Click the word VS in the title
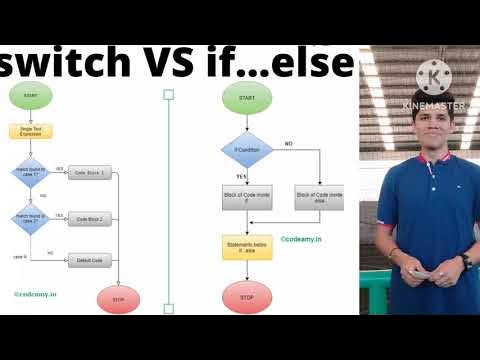tap(187, 62)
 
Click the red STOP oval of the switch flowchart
tap(118, 298)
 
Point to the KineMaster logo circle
tap(433, 77)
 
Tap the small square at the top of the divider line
tap(168, 95)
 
